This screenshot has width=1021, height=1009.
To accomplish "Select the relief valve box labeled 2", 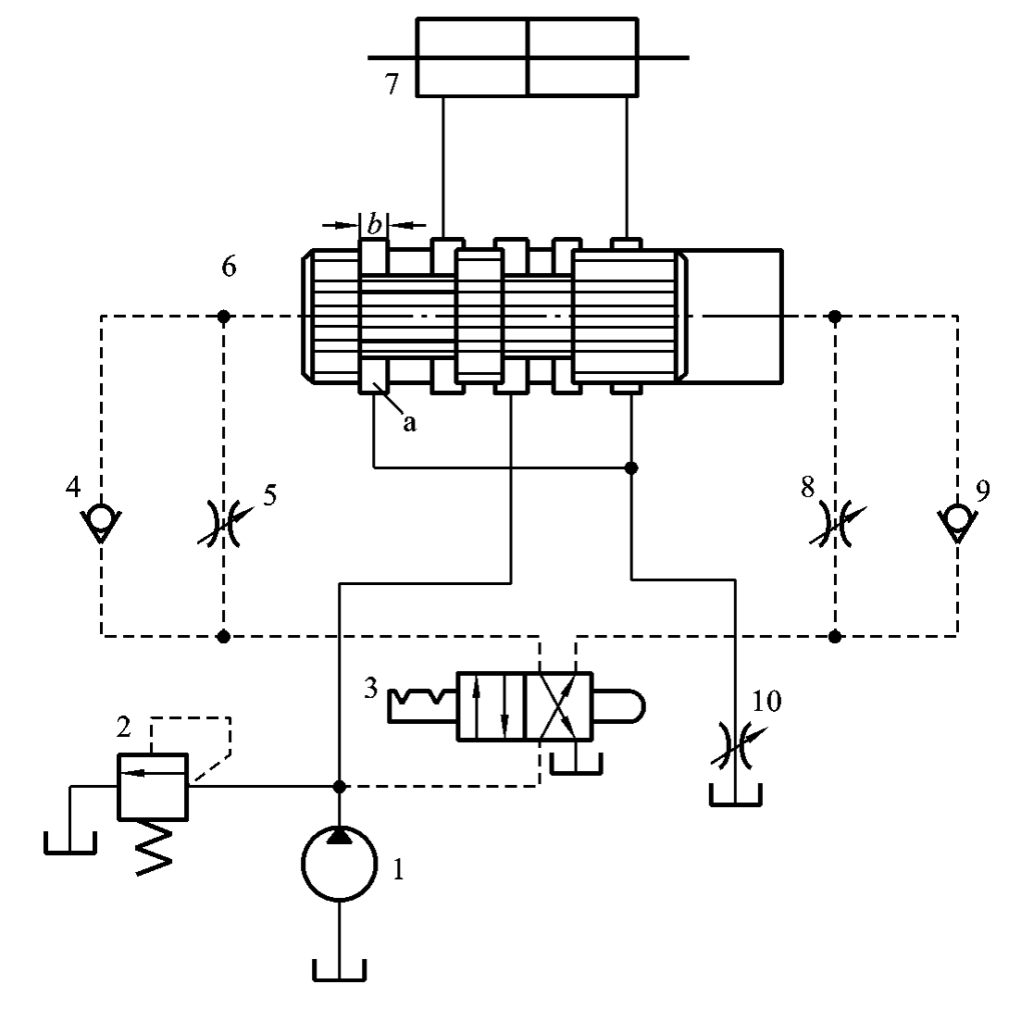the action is coord(153,786).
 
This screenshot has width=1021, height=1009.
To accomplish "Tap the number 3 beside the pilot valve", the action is coord(370,688).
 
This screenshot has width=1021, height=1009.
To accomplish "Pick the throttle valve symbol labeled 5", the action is coord(223,523).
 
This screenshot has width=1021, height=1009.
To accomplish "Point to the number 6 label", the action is coord(229,267).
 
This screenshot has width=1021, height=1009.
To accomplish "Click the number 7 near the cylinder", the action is coord(392,84).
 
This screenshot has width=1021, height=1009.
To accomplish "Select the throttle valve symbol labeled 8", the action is coord(836,523).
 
